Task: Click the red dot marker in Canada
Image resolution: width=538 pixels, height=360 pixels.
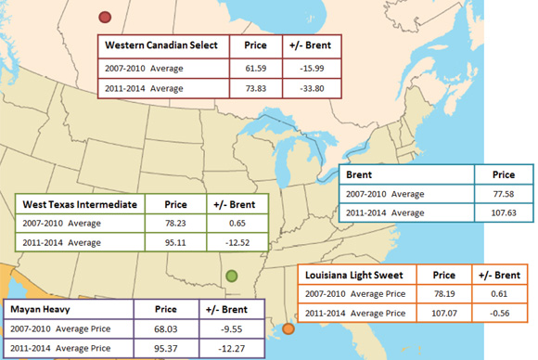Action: [105, 17]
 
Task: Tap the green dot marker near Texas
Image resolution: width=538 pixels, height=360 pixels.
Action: [231, 275]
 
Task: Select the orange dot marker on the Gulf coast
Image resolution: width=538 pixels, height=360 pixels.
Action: [288, 328]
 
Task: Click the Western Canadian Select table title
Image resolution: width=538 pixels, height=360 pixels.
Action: [161, 45]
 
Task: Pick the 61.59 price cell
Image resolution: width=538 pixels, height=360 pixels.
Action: [254, 67]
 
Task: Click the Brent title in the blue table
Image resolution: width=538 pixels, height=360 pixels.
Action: [361, 174]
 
